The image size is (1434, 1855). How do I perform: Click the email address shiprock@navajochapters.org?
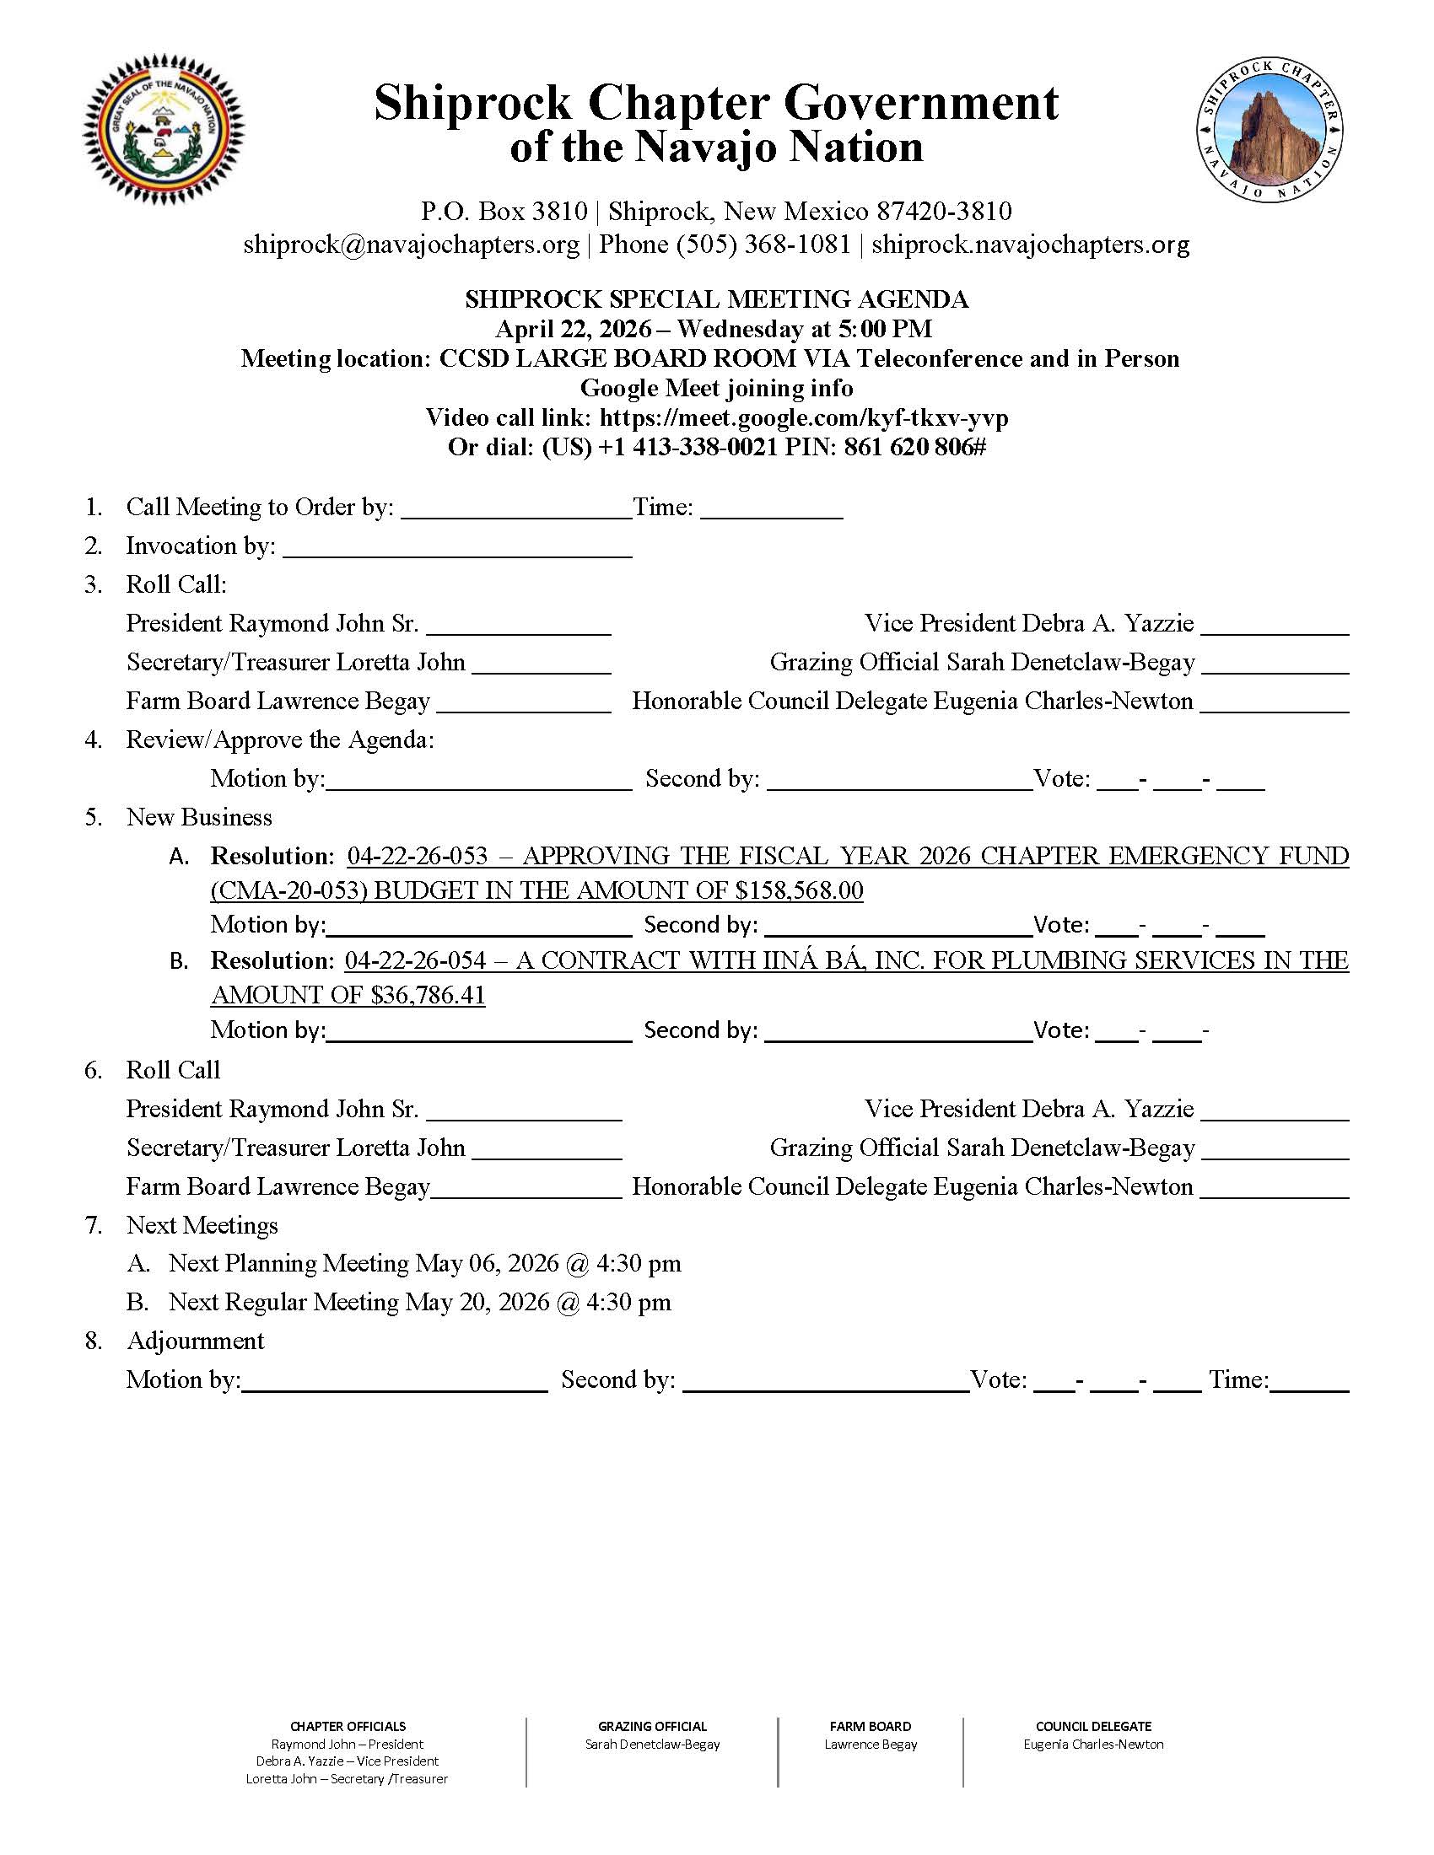point(411,245)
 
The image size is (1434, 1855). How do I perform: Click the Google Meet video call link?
point(804,418)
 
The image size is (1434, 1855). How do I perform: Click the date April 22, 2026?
point(574,329)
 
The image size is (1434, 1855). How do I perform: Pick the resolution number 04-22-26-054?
point(415,960)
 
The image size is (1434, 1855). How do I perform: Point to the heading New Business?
point(199,817)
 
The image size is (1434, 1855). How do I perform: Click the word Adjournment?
point(196,1341)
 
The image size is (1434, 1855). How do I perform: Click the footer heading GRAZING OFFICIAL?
point(652,1726)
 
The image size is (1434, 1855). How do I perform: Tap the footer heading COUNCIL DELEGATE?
point(1093,1726)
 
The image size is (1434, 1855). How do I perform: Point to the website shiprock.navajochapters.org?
point(1031,245)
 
